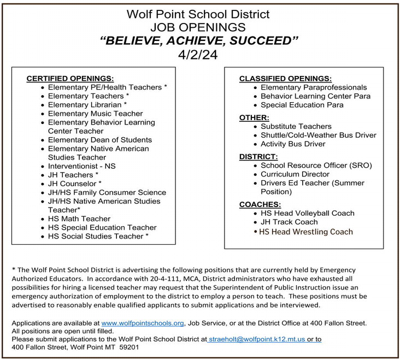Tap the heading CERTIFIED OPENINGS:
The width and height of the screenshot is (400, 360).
70,78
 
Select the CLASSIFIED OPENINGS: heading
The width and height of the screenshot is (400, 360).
285,78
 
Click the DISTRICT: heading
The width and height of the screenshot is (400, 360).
259,156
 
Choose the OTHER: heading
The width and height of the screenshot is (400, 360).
254,117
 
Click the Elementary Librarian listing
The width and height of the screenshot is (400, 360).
87,104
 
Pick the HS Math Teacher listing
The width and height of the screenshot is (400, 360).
79,219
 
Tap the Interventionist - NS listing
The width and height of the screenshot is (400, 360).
82,166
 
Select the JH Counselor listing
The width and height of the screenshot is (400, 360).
75,184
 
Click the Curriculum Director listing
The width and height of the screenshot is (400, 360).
295,174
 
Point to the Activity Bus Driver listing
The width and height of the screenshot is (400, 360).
293,144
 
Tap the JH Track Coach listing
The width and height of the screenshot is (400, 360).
289,222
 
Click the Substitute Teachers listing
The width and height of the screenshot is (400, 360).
296,126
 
